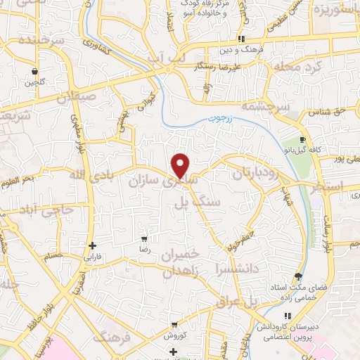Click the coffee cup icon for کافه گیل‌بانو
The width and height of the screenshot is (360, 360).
point(302,140)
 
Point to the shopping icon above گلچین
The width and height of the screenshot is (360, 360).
point(34,71)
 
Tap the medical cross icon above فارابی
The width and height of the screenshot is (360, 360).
point(93,245)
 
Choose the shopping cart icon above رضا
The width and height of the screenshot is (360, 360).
point(144,239)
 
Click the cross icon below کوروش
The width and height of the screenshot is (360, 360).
point(174,350)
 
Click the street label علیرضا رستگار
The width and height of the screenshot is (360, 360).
point(214,65)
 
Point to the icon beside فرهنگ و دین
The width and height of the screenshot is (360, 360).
point(240,39)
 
